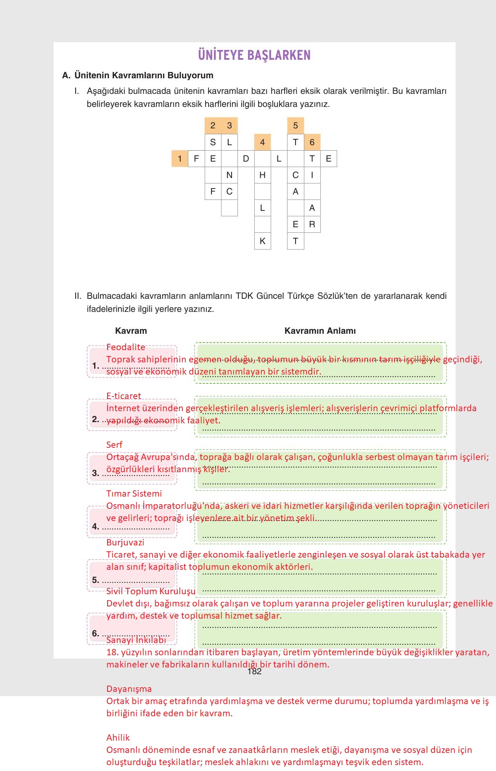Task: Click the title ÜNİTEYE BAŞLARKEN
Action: pos(254,55)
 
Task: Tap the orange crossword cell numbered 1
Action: pos(179,159)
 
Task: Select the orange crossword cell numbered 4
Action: pos(262,142)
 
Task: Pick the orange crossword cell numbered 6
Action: pos(312,142)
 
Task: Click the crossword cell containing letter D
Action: pos(246,159)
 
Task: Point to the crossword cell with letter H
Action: pos(262,175)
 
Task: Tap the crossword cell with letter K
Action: pos(262,241)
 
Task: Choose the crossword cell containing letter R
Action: pos(312,224)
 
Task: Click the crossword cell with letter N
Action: pos(229,175)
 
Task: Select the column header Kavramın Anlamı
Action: pos(320,331)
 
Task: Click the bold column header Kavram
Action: pos(131,331)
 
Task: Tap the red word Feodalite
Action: pos(126,347)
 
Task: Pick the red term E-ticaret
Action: pos(124,396)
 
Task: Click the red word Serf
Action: pos(114,445)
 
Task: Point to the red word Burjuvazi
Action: pos(125,542)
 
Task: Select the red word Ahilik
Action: pos(118,738)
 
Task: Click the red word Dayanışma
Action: pos(129,689)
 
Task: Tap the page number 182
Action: pos(254,672)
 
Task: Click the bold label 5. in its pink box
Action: pos(95,580)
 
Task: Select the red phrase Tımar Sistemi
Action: pos(134,494)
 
